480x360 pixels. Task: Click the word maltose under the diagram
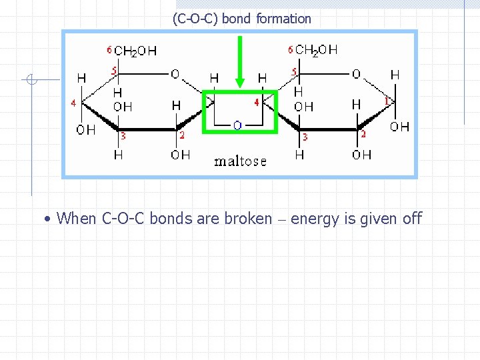(241, 161)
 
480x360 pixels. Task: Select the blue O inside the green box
(237, 125)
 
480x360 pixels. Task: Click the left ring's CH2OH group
(135, 51)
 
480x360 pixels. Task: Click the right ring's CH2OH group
(316, 50)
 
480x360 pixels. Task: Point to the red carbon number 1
(387, 101)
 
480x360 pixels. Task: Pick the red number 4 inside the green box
(257, 103)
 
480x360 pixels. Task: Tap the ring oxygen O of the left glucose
(175, 74)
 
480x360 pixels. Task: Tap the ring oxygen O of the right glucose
(356, 73)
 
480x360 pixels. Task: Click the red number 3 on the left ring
(123, 136)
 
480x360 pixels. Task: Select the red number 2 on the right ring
(363, 135)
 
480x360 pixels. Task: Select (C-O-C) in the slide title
(195, 19)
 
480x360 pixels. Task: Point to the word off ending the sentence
(412, 218)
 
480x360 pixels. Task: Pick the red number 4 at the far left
(73, 103)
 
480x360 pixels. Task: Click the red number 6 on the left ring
(109, 50)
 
